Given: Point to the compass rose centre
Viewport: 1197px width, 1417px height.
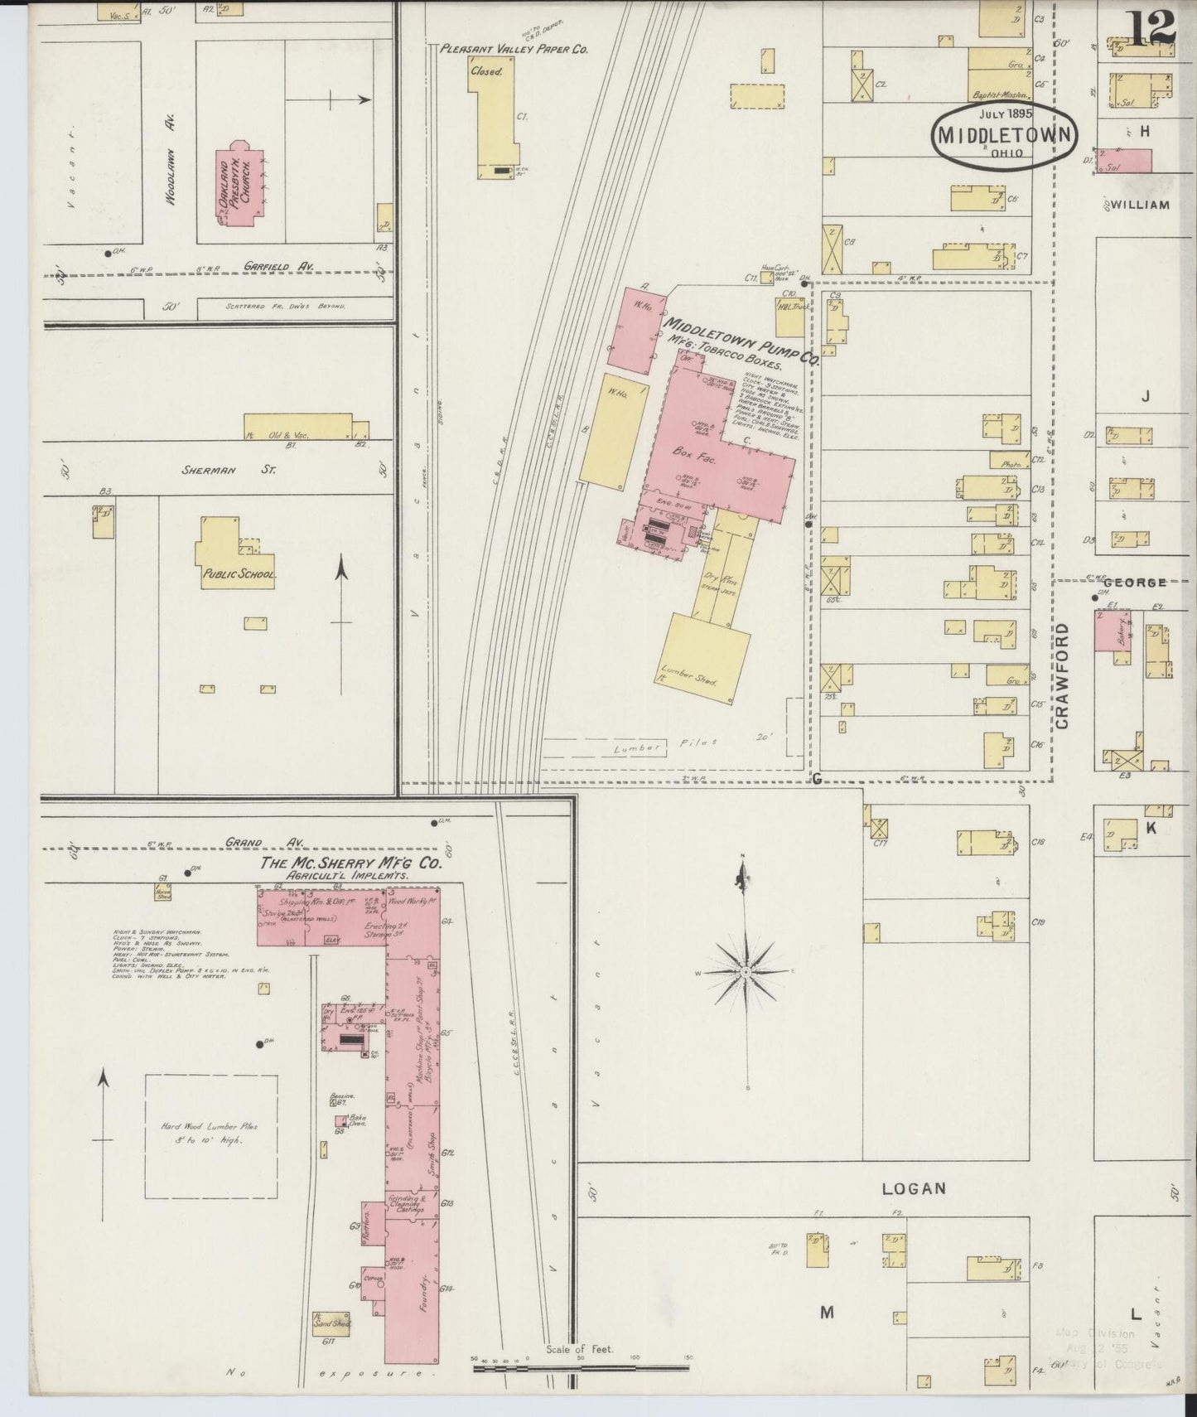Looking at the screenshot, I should click(x=746, y=970).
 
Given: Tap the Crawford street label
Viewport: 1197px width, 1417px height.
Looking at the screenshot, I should click(x=1063, y=676).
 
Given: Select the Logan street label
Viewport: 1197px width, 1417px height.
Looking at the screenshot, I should click(x=913, y=1189).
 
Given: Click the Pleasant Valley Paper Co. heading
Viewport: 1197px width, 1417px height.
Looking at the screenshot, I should click(x=514, y=50).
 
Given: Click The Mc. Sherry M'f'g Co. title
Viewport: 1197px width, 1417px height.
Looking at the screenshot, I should click(x=351, y=863).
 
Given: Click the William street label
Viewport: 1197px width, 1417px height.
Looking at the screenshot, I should click(x=1140, y=205).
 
